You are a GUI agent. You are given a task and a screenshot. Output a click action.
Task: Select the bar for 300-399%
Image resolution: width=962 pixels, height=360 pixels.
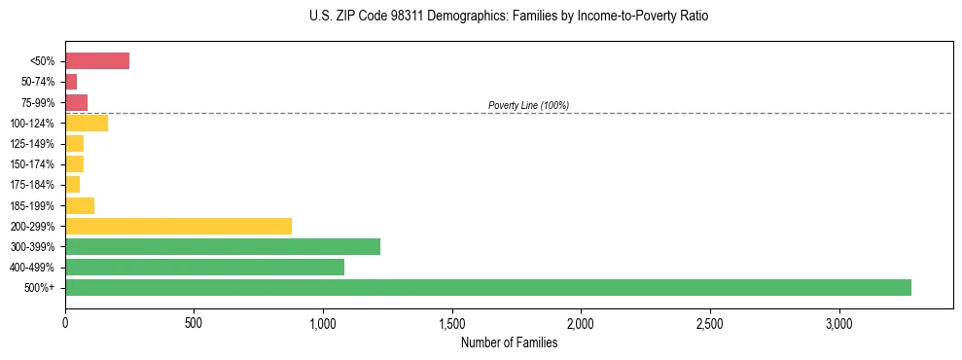coord(223,246)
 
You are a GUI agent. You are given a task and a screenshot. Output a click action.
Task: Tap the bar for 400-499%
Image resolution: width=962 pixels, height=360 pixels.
coord(204,267)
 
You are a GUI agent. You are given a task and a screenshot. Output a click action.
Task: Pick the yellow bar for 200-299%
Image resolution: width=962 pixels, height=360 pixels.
coord(178,226)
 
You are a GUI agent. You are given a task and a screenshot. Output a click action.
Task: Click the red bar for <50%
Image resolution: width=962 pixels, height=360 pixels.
coord(97,61)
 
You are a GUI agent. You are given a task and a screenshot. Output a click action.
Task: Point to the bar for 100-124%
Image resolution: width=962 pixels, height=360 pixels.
coord(87,123)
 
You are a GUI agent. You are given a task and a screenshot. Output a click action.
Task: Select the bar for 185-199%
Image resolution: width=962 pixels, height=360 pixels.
coord(80,205)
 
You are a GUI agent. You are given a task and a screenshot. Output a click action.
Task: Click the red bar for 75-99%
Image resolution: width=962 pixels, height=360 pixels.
coord(76,102)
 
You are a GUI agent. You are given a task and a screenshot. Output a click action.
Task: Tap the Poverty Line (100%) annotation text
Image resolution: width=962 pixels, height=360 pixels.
coord(528,105)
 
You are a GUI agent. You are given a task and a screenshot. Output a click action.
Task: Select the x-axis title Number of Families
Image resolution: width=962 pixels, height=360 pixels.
coord(509,342)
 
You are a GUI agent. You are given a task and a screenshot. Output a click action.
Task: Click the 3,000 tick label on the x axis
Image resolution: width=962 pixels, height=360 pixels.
coord(839,323)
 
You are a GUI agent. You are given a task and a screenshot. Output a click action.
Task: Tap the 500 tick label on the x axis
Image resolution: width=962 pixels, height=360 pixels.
coord(194,323)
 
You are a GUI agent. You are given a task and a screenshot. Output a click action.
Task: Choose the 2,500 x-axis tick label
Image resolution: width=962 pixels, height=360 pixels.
coord(710,323)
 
